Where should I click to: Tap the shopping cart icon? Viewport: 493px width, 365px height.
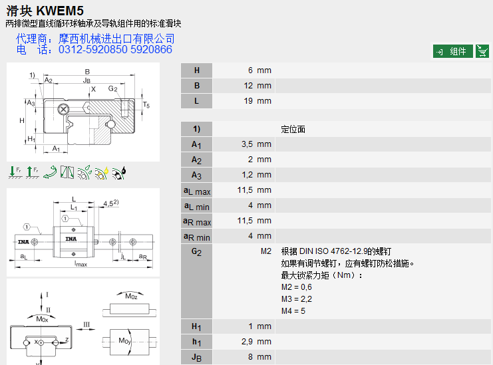(482, 51)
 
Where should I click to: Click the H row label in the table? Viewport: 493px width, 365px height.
(196, 70)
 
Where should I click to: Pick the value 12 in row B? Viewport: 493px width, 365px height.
(248, 86)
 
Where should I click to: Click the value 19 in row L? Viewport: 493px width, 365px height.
(248, 101)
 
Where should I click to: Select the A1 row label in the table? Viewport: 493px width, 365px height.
(196, 144)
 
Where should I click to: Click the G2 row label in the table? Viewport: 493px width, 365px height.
(196, 252)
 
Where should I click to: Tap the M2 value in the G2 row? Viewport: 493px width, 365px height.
(266, 252)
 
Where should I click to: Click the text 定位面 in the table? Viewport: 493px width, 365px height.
(293, 129)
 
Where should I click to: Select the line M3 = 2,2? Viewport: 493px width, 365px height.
(297, 299)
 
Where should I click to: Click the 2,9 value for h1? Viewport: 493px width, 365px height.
(247, 342)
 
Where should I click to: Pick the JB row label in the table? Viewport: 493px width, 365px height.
(196, 357)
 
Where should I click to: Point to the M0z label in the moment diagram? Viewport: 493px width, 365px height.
(132, 295)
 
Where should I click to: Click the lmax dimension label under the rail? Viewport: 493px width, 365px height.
(81, 263)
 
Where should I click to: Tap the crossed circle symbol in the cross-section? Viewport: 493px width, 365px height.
(63, 109)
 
